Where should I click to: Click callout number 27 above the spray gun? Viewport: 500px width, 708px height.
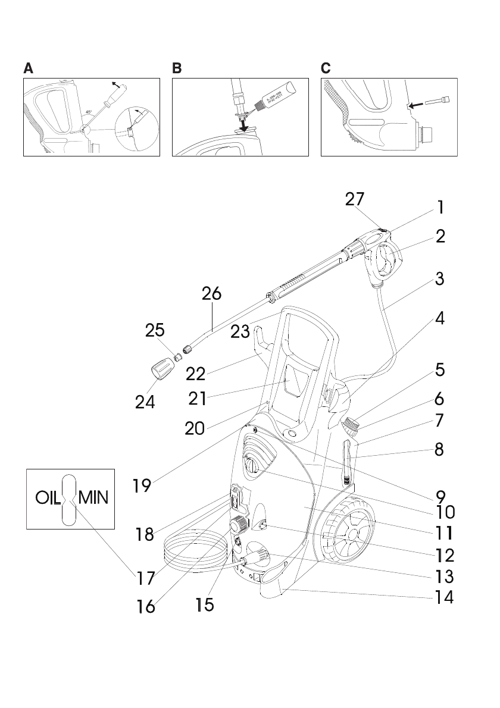355,199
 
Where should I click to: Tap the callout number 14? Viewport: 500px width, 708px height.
441,597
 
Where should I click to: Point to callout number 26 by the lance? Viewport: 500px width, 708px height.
211,293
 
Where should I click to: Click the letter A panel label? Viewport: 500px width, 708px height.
29,68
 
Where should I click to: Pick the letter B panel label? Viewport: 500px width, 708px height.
177,68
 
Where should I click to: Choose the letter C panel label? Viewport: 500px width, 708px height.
326,68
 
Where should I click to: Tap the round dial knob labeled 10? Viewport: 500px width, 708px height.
253,463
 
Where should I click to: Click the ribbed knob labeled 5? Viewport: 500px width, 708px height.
352,424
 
